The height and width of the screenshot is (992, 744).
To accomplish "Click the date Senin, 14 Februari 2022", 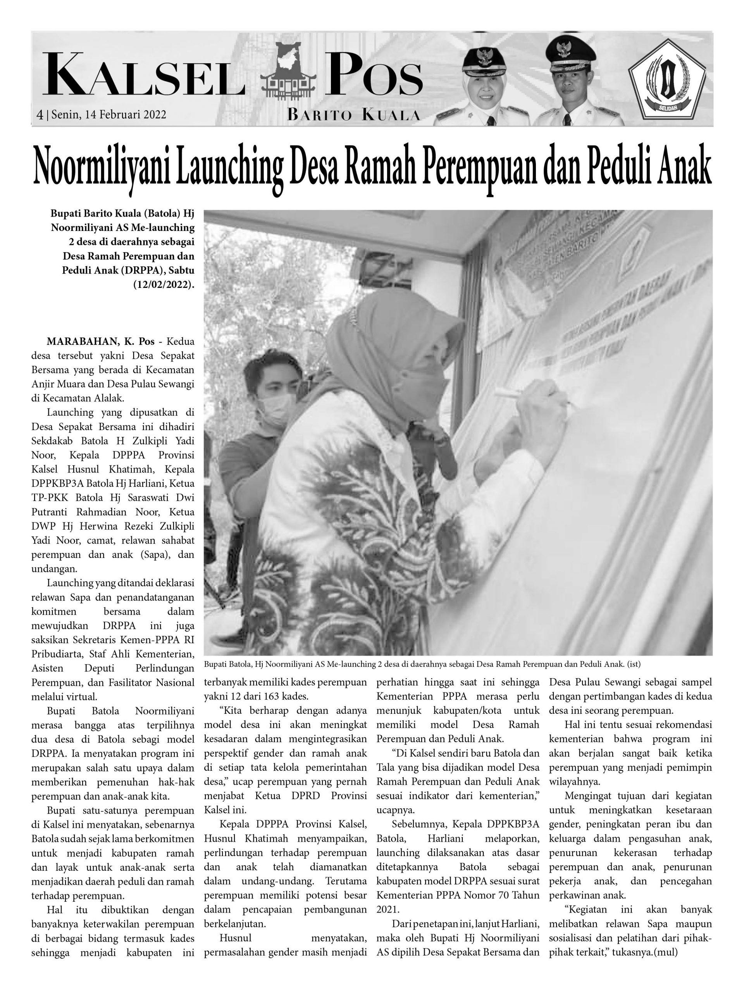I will pyautogui.click(x=109, y=114).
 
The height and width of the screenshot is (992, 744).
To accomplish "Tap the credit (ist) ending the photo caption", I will pyautogui.click(x=639, y=663).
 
